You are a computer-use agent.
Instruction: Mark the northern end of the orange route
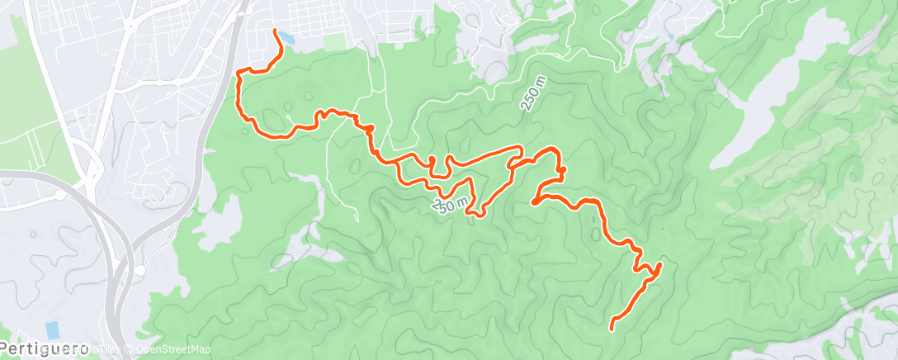pos(274,31)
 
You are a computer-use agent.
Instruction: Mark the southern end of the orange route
pos(612,329)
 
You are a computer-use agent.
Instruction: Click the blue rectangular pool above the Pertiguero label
pos(52,329)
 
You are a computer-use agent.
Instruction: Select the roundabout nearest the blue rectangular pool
pos(139,270)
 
